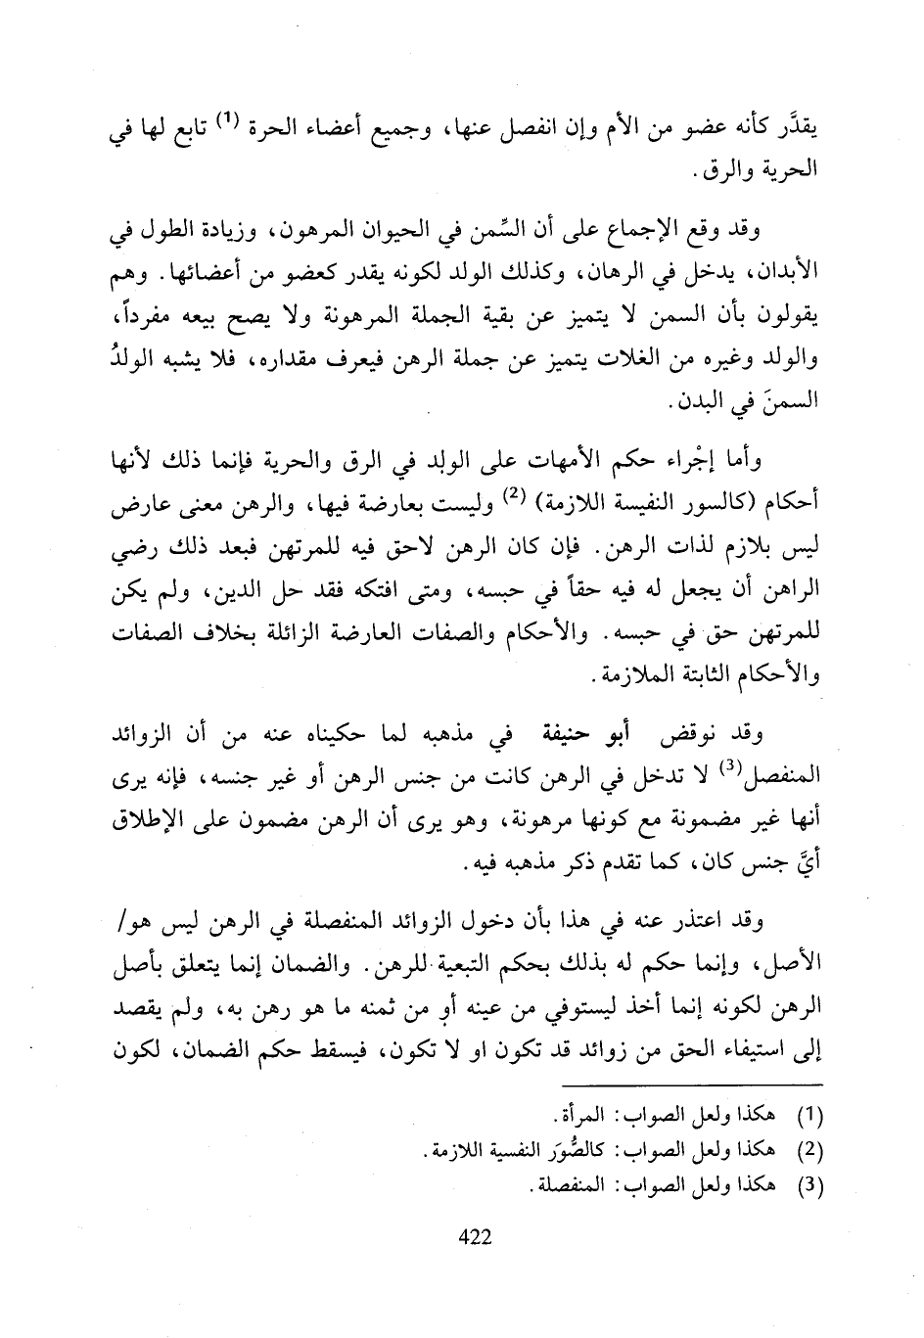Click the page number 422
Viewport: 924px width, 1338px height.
pyautogui.click(x=474, y=1236)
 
